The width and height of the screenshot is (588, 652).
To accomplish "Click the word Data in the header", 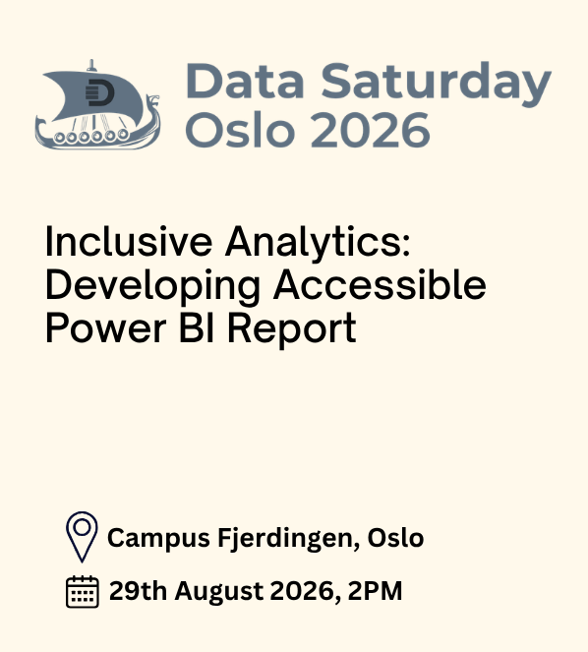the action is (x=245, y=81).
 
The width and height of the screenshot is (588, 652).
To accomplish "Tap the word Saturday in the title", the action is (x=437, y=85).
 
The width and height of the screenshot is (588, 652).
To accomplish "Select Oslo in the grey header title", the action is (x=240, y=130).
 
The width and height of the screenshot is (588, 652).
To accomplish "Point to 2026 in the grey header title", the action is (x=371, y=130).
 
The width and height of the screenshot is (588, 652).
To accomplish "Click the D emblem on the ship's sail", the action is (x=99, y=92).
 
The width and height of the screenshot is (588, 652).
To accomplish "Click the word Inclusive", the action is (x=129, y=242).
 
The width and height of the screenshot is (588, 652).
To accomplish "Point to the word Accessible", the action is (x=380, y=284).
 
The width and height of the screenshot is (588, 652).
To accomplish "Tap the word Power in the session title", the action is (x=106, y=328).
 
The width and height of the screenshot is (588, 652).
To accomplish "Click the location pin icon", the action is (x=82, y=536).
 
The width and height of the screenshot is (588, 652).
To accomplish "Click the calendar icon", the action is (x=83, y=591).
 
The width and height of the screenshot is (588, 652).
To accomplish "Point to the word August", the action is (x=219, y=592).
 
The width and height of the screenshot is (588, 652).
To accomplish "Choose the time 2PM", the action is (x=375, y=590).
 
